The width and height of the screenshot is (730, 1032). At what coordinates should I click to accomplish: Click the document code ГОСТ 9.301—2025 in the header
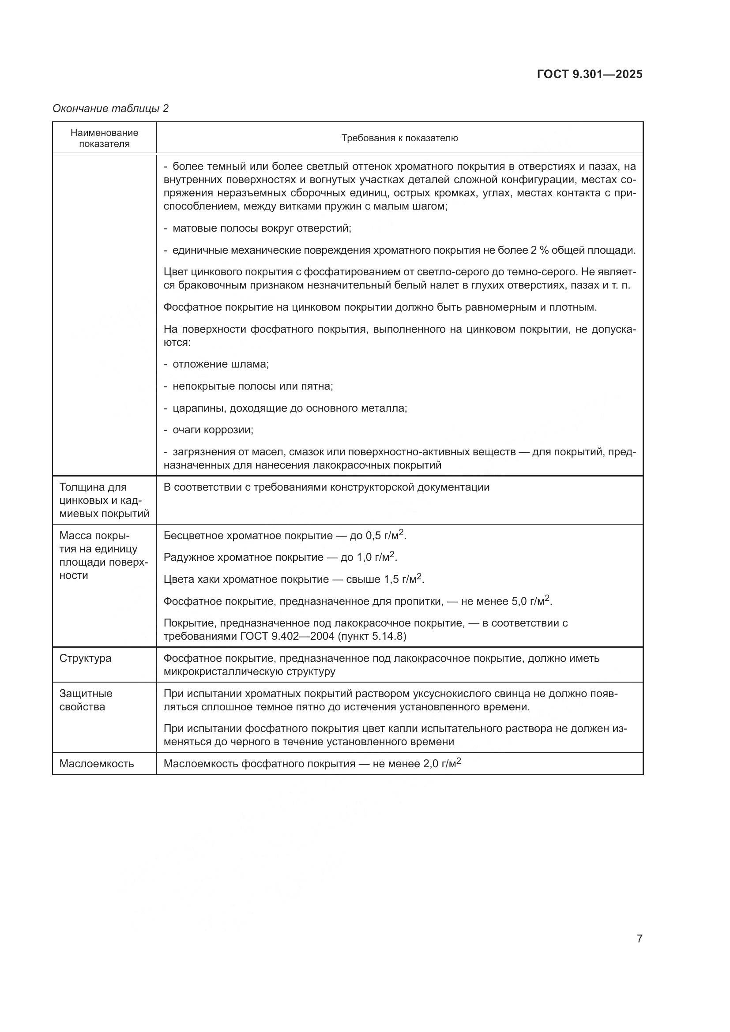click(x=589, y=74)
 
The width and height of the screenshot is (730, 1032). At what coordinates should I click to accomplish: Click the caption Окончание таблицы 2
click(x=111, y=109)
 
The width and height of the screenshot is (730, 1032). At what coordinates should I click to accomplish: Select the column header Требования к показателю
click(x=399, y=138)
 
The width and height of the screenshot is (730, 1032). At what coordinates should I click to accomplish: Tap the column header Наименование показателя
click(x=104, y=138)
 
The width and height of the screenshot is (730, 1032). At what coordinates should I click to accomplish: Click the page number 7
click(x=639, y=938)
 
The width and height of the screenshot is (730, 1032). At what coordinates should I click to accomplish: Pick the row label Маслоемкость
click(x=96, y=764)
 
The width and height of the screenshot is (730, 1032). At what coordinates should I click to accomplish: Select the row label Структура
click(x=85, y=658)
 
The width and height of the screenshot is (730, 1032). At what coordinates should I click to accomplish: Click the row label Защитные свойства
click(x=86, y=700)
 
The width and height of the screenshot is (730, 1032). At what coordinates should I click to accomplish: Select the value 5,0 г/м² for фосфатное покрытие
click(x=531, y=601)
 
